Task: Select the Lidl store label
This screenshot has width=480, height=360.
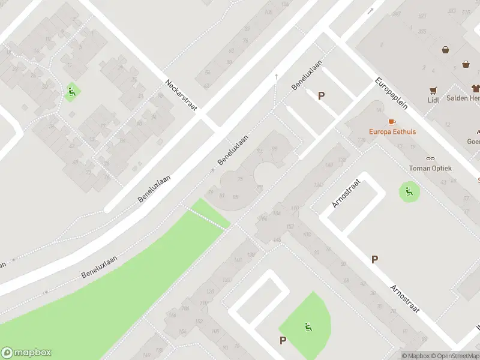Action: point(433,100)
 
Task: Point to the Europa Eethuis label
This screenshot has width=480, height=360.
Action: point(392,131)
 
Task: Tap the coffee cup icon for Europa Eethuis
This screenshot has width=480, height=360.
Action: point(392,122)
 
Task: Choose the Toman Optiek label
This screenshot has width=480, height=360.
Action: point(430,169)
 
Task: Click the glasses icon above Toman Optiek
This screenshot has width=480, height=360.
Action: point(430,158)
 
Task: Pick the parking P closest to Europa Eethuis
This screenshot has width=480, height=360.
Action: point(322,95)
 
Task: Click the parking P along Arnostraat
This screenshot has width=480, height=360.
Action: point(374,259)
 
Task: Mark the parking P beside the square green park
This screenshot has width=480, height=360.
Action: point(283,340)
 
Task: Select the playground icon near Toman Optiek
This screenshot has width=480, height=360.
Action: point(409,192)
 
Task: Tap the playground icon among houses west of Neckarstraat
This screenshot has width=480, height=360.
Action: point(71,92)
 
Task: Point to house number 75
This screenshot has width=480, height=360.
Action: point(241,179)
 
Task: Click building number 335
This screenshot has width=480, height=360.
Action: point(422,31)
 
